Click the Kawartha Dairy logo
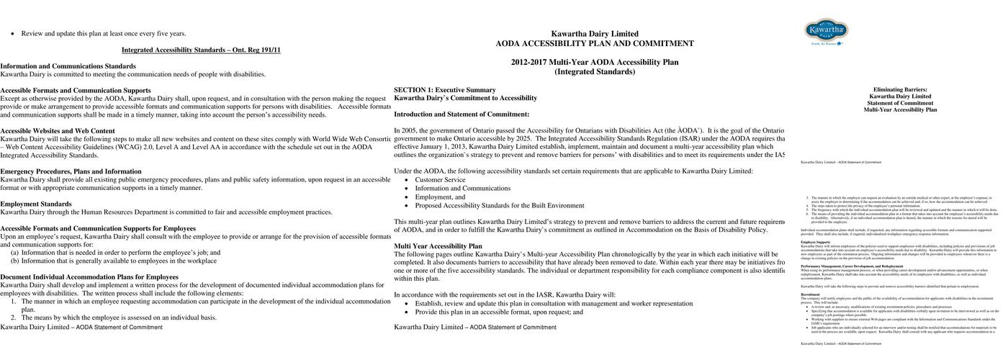point(826,31)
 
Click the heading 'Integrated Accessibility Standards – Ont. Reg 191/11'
point(201,50)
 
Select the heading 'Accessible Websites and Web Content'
point(58,131)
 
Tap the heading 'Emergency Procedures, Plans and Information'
point(71,171)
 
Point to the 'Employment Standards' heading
point(36,204)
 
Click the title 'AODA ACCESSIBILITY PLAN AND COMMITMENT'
point(594,43)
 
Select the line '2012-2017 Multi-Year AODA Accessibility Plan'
point(594,62)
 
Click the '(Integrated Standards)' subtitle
point(594,71)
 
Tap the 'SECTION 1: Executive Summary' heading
point(444,90)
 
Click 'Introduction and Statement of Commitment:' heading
point(462,114)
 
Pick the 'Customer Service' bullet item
point(440,180)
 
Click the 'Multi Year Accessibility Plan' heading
point(438,246)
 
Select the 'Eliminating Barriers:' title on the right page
point(900,90)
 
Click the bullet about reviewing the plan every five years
point(104,33)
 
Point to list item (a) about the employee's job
point(115,253)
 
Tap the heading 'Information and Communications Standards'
point(68,66)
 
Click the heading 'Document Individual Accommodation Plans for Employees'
point(89,276)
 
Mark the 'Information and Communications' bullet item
point(462,189)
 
